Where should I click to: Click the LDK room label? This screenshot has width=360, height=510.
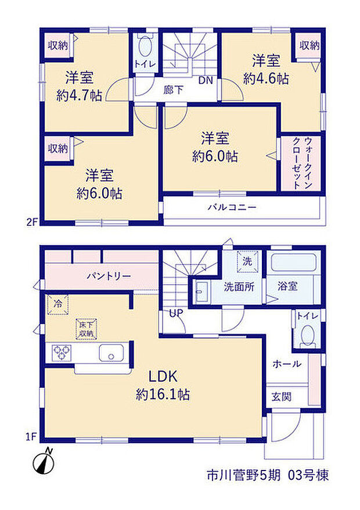pos(163,376)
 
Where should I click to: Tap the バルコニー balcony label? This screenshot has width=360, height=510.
pos(232,207)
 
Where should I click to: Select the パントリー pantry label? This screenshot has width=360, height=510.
pos(109,276)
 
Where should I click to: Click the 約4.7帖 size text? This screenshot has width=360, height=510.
pos(80,96)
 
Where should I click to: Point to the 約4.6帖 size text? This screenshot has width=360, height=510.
pos(266,78)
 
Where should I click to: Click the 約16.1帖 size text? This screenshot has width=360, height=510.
pos(163,394)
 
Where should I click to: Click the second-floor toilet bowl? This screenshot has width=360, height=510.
pos(145,47)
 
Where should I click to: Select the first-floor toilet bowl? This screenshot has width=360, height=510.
pos(307,335)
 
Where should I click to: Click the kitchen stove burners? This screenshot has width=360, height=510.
pos(62,353)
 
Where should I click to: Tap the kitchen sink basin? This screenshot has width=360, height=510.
pos(111,353)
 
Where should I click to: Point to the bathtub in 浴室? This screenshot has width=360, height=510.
pos(294,263)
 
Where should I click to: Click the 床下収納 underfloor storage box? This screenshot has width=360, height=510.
pos(86,329)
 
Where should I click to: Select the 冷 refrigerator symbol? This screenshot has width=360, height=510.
pos(58,304)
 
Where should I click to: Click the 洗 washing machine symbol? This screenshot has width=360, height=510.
pos(247,261)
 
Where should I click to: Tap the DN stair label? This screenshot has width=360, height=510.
pos(206,80)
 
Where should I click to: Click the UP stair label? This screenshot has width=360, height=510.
pos(176,313)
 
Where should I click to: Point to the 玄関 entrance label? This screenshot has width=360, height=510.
pos(282,397)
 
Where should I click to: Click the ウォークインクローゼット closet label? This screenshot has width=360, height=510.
pos(303,163)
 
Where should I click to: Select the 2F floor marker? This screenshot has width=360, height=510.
pos(32,222)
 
